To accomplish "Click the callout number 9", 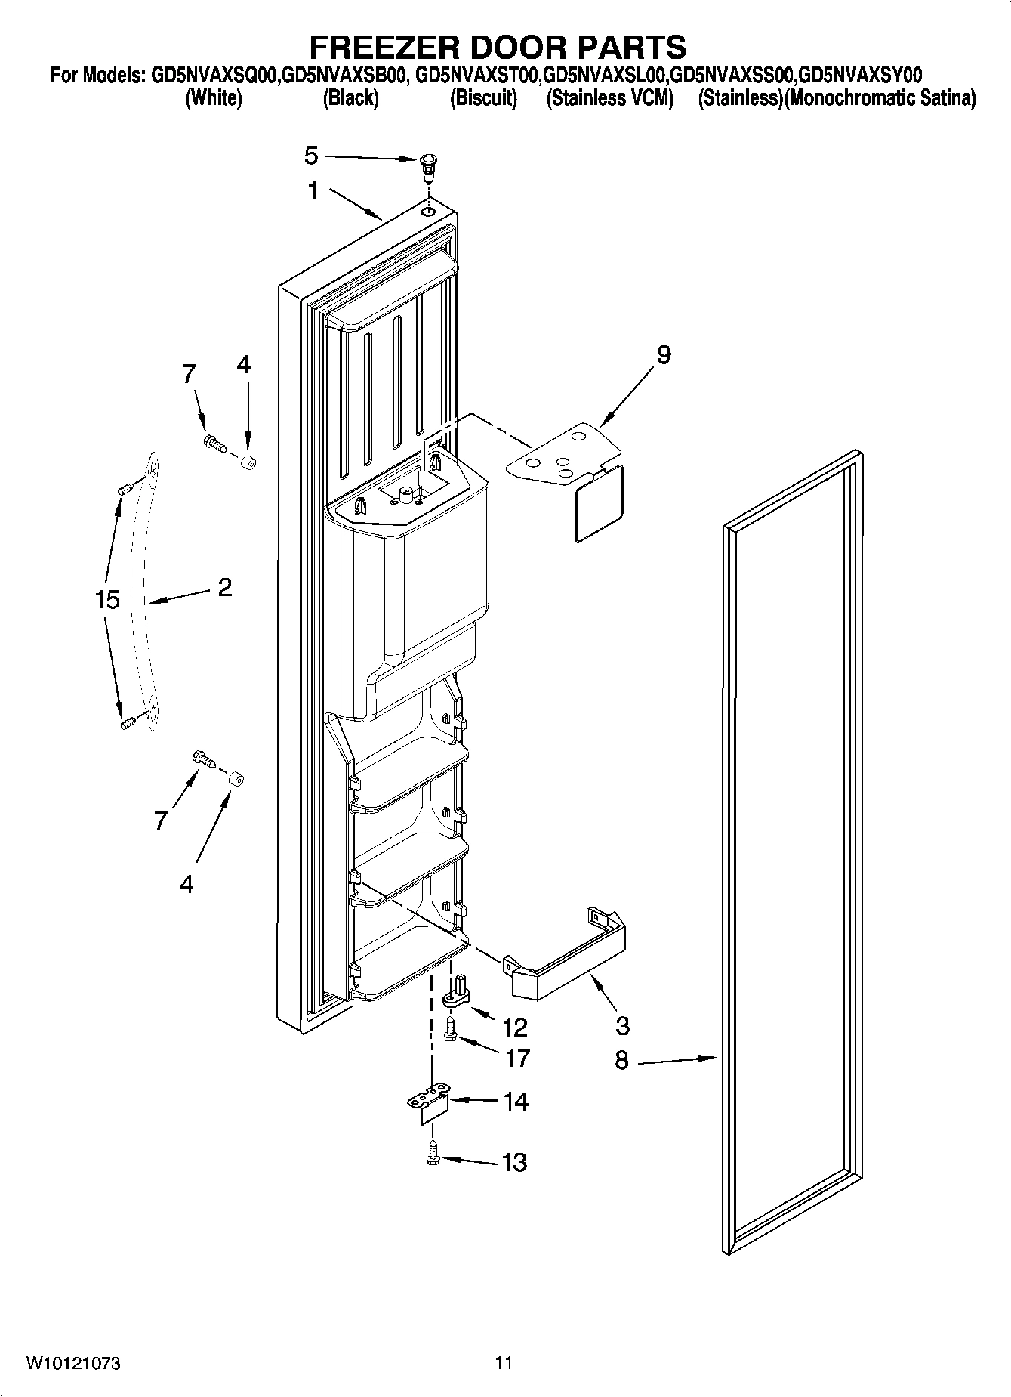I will click(x=664, y=354).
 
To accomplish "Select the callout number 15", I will click(x=107, y=600).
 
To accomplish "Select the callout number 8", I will click(x=621, y=1061).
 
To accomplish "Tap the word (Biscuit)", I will click(x=483, y=98).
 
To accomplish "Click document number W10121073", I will click(x=73, y=1363).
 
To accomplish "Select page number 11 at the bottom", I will click(x=504, y=1363).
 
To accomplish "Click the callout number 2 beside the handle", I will click(x=224, y=587).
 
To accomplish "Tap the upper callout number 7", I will click(x=188, y=373).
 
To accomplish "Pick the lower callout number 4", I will click(x=186, y=883).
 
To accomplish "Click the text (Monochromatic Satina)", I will click(x=880, y=98).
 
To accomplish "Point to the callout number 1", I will click(x=313, y=191).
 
